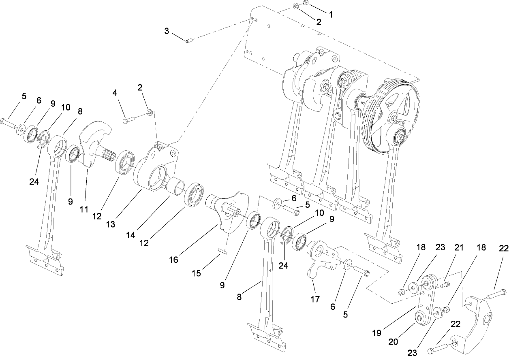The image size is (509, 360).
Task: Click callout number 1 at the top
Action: point(330,14)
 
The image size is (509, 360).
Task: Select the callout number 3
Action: point(167,31)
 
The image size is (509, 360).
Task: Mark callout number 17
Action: point(315,299)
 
